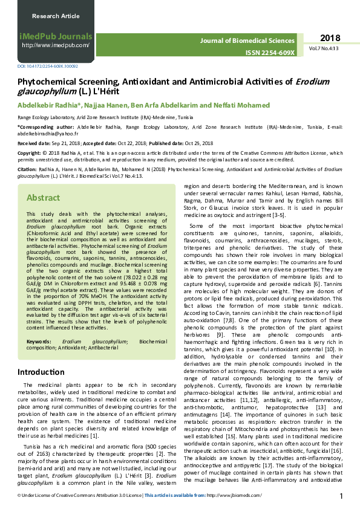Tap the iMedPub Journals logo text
coord(55,36)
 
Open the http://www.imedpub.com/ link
coord(56,45)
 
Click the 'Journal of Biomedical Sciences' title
coord(248,41)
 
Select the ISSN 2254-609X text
coord(270,53)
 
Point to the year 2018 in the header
coord(330,37)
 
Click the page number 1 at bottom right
coord(342,496)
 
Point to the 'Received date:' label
coord(33,144)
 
